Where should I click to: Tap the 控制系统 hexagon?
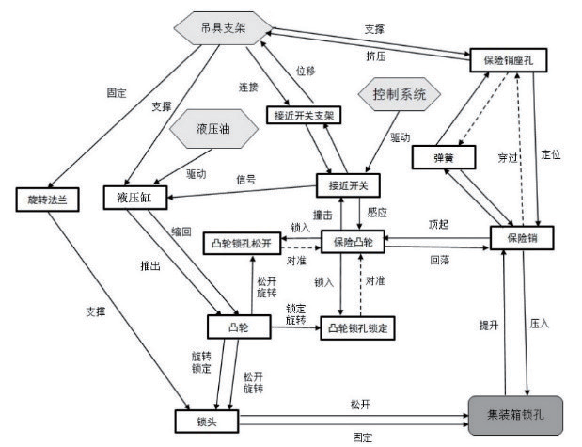click(x=394, y=95)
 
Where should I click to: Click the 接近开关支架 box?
click(x=305, y=115)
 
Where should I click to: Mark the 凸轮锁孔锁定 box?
click(x=358, y=328)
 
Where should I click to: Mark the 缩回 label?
click(x=181, y=231)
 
